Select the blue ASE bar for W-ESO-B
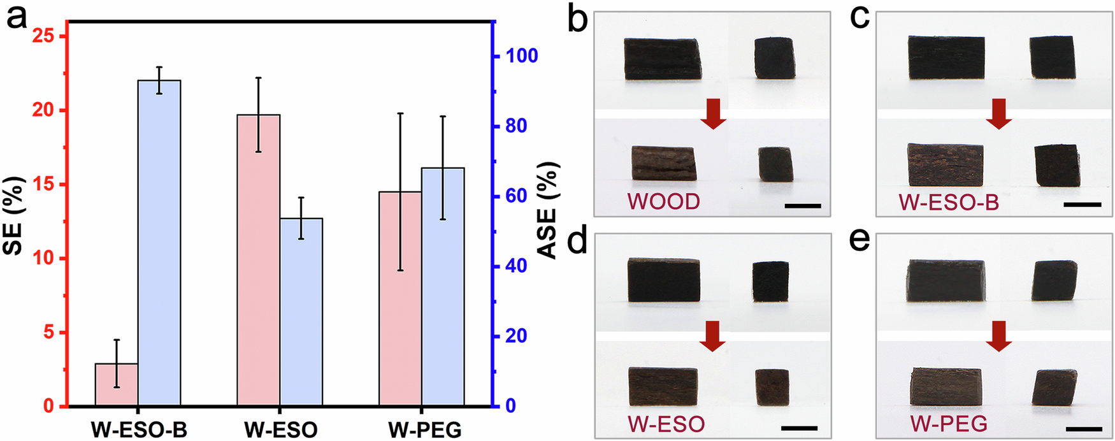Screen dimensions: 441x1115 [159, 243]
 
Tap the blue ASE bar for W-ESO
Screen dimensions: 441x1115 [301, 312]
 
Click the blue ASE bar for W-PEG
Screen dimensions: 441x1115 [443, 287]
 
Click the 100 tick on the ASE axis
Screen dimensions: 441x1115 [521, 56]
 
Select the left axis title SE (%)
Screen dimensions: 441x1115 [14, 215]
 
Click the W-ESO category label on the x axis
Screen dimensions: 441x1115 [280, 430]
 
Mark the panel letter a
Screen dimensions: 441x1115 [17, 17]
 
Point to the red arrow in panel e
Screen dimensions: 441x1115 [998, 336]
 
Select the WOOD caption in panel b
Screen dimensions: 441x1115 [663, 201]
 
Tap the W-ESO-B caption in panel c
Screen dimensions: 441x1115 [948, 202]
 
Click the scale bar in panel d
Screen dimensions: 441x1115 [799, 428]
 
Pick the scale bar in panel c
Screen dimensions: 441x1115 [1082, 205]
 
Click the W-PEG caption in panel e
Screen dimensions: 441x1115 [948, 423]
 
